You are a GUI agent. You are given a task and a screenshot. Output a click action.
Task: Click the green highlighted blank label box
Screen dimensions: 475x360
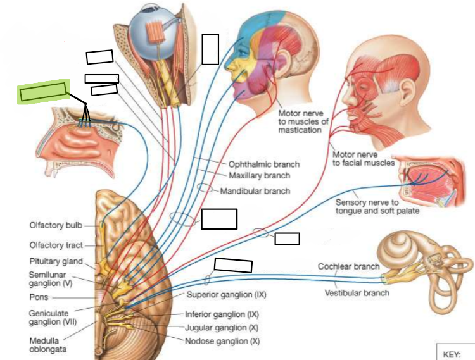(43, 91)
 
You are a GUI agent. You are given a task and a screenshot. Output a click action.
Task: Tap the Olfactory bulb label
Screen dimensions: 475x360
(56, 225)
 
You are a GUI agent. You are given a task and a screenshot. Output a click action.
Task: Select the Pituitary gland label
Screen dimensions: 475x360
(56, 261)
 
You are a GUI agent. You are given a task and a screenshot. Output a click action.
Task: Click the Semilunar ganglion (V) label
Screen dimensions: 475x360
(51, 279)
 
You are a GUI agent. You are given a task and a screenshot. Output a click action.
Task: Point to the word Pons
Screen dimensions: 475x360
(39, 297)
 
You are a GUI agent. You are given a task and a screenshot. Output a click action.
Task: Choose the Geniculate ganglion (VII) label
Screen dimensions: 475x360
(53, 318)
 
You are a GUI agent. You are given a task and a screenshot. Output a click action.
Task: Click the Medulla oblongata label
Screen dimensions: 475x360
(48, 345)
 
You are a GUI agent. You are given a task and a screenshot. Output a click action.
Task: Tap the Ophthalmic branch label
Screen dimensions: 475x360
(264, 164)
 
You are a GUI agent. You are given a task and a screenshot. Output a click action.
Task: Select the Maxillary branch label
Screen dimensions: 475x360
(259, 175)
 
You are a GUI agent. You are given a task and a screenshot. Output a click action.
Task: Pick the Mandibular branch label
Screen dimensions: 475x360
(255, 191)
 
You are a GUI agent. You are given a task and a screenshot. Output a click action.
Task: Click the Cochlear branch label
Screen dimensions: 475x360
(349, 266)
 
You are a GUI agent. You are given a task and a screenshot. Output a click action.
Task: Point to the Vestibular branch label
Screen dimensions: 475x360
(357, 293)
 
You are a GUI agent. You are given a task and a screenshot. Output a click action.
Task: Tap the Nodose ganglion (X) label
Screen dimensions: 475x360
(222, 341)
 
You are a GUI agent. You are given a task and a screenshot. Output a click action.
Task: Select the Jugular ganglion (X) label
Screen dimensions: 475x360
(222, 328)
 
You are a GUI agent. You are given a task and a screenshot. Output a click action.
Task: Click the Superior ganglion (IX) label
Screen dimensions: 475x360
(226, 295)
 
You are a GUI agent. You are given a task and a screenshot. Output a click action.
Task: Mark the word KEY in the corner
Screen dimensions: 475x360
(452, 354)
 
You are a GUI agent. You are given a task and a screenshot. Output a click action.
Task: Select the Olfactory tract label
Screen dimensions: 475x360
(56, 245)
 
